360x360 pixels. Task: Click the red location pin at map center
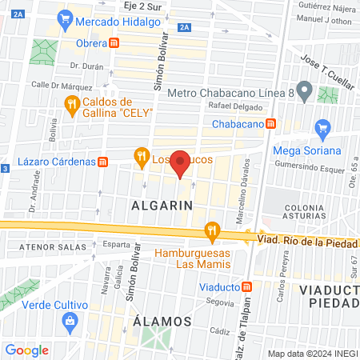[181, 162]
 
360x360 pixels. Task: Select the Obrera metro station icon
[115, 42]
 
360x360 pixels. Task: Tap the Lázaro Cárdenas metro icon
[102, 162]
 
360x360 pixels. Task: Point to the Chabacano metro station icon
[272, 124]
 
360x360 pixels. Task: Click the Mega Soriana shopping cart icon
[322, 129]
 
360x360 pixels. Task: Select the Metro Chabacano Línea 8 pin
[303, 87]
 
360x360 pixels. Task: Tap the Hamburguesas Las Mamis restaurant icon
[212, 231]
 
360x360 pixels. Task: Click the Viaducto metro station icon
[248, 286]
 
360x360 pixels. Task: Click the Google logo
[26, 350]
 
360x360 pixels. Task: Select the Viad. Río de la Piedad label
[306, 238]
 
